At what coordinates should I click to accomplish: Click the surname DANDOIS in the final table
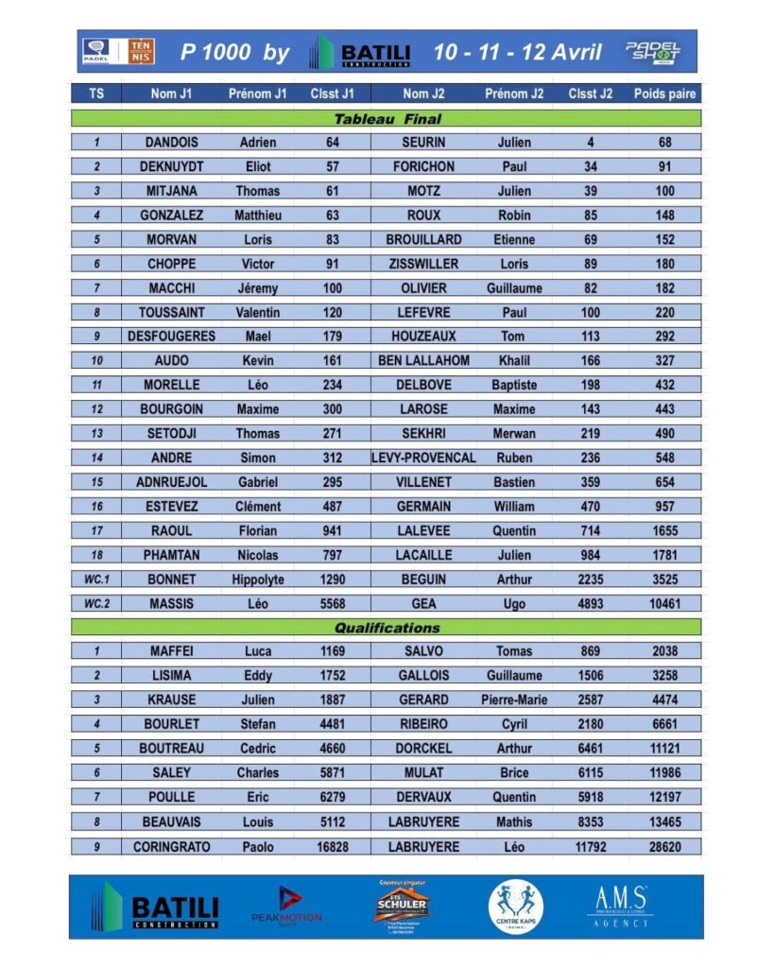point(171,142)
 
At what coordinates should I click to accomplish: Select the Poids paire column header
point(664,94)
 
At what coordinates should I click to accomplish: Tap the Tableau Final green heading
point(387,119)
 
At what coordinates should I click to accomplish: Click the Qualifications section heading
point(387,628)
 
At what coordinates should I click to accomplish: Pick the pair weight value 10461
point(665,603)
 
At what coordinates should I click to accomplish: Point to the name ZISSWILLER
point(424,264)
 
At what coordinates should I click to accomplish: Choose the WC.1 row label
point(96,579)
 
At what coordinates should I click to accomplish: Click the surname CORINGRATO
point(172,847)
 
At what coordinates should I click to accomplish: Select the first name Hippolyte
point(258,579)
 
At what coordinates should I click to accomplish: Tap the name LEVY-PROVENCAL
point(424,458)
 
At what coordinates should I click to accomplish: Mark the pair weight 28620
point(665,847)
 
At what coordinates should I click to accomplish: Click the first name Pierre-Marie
point(514,700)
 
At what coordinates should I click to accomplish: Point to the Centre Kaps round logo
point(515,907)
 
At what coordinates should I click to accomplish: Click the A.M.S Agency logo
point(619,906)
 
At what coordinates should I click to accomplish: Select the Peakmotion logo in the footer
point(286,906)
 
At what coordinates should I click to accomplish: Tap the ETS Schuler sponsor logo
point(402,905)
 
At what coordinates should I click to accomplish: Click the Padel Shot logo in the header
point(652,51)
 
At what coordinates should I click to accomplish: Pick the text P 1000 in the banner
point(216,52)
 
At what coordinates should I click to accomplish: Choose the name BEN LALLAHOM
point(424,360)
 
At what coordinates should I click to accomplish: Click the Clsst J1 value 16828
point(332,847)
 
